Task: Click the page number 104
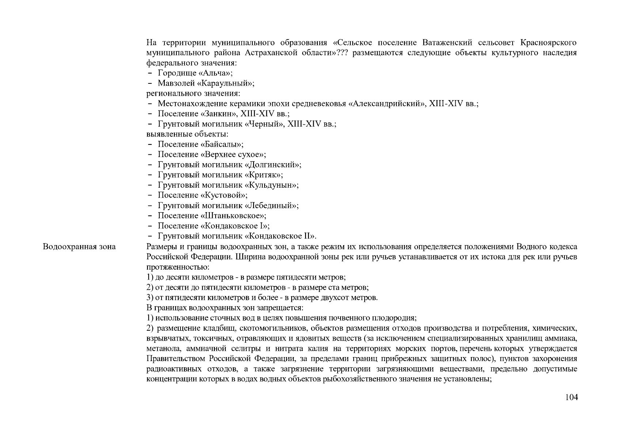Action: coord(571,397)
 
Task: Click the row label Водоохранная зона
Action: coord(79,247)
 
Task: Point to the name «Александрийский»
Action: coord(387,104)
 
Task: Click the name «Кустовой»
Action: coord(222,196)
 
